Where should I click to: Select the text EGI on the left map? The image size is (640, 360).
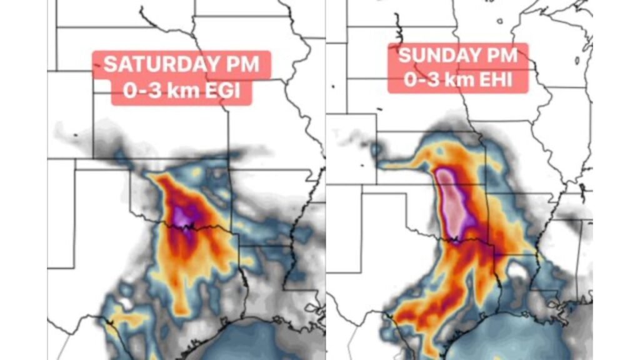coord(231,91)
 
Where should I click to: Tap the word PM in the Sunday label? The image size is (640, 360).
coord(499,55)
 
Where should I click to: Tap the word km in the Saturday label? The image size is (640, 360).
coord(184,91)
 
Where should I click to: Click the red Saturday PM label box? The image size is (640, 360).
coord(181,77)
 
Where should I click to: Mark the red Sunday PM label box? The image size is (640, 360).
coord(458,67)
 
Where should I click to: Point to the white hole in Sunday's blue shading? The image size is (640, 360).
coord(517,271)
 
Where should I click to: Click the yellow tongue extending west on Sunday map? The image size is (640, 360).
coord(406,164)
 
